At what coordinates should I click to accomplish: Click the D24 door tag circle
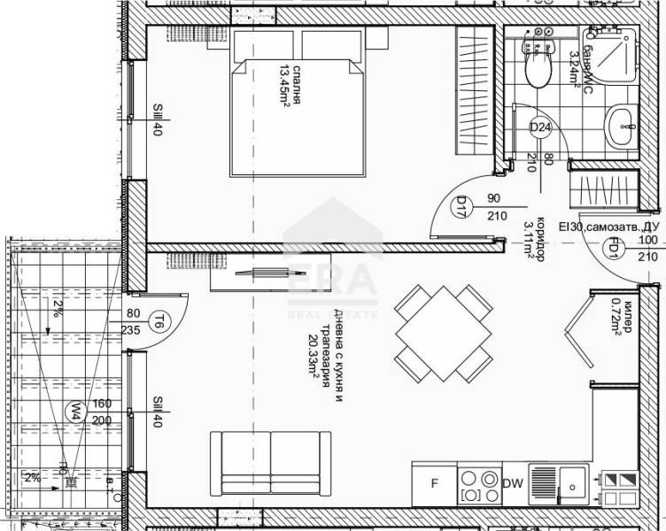coord(540,129)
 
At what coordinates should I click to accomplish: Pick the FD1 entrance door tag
coord(611,249)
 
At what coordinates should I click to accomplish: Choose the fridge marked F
coord(434,483)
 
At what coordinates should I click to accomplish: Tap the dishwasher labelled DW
coord(512,483)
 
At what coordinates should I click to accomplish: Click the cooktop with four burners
coord(478,484)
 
